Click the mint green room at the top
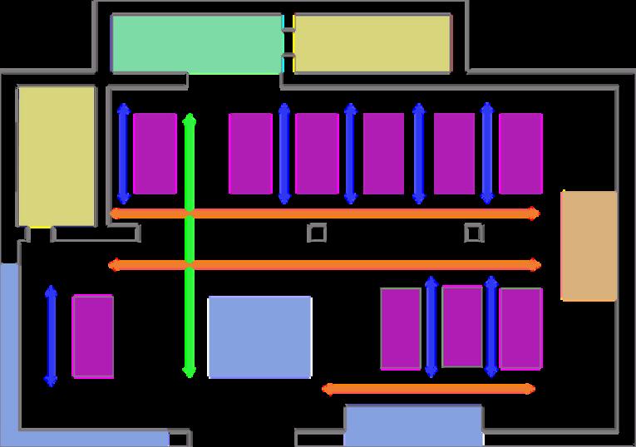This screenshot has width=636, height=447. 196,43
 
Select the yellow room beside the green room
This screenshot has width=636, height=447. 372,43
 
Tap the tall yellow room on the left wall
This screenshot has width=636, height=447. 57,155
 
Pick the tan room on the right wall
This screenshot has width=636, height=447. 589,245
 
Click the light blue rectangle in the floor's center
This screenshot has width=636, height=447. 259,336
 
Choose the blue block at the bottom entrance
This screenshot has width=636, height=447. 413,425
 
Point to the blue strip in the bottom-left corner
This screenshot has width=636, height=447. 10,349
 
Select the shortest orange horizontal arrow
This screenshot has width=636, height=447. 428,388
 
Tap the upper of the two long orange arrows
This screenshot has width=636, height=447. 324,214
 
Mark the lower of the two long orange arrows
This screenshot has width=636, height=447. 324,265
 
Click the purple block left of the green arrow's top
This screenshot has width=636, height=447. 155,154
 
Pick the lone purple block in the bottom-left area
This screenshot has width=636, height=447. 93,336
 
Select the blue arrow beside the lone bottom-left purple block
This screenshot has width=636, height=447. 52,336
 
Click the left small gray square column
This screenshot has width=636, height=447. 316,233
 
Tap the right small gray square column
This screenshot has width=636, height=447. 473,233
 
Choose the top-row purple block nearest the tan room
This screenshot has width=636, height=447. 520,154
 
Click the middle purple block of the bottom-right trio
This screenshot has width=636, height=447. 462,326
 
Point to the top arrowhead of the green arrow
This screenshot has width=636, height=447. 190,119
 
